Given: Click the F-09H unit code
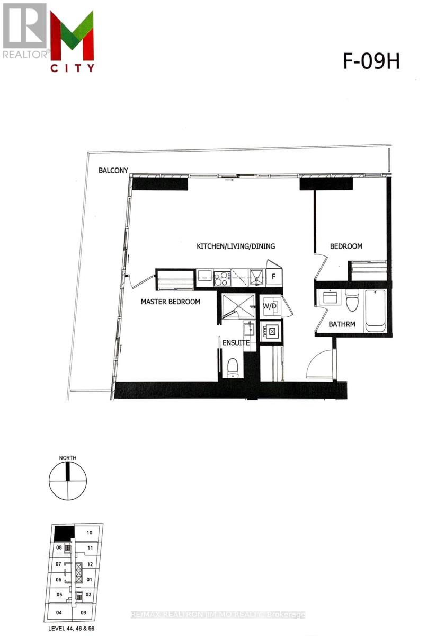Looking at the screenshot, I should [369, 62].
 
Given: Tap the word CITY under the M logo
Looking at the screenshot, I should [73, 68].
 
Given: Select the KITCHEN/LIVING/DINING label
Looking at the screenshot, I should [236, 246].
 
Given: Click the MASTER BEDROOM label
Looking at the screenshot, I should [170, 302].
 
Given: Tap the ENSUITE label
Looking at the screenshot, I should [236, 343].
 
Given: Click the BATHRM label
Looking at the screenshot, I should [342, 324].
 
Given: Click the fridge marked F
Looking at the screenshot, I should [274, 276].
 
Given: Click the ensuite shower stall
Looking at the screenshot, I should [238, 306].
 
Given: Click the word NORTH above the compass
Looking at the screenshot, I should [68, 457].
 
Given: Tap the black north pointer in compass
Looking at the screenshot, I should [68, 471].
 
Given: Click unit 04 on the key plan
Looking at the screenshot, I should [58, 613].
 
